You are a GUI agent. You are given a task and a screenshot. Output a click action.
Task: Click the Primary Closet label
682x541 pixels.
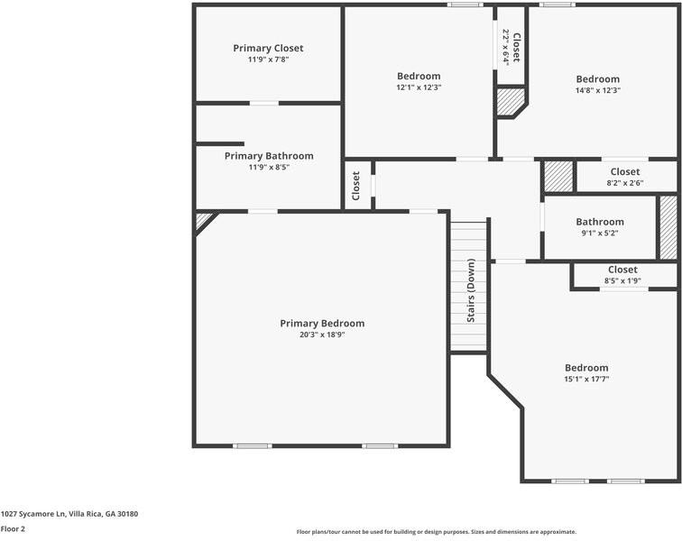268,48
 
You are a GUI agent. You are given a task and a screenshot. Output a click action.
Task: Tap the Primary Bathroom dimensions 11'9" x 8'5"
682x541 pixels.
268,167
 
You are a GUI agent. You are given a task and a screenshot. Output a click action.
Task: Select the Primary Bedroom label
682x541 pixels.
322,323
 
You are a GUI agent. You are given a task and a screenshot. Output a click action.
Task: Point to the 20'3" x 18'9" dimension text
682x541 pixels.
322,335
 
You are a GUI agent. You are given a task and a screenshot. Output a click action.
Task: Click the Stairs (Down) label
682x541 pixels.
470,291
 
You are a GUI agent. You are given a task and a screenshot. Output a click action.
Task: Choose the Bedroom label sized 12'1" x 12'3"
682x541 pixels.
419,76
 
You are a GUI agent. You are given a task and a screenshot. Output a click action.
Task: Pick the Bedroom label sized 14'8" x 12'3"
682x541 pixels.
598,78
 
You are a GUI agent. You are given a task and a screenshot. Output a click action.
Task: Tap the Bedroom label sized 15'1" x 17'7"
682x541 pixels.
586,367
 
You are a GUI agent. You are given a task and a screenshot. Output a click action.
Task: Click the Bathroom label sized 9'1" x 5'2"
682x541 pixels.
600,222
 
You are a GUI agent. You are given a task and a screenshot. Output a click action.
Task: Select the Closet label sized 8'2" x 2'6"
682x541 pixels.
624,171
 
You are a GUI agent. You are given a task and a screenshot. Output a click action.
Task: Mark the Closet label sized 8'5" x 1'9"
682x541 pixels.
622,270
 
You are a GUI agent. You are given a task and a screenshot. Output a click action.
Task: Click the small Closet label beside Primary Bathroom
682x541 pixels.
356,186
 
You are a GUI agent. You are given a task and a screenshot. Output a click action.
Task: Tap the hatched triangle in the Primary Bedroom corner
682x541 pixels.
203,220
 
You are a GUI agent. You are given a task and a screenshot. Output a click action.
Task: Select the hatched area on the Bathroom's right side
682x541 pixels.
668,225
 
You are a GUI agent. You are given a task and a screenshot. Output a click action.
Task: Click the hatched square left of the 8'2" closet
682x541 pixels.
558,175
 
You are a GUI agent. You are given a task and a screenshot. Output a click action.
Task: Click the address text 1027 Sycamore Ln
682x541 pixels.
69,514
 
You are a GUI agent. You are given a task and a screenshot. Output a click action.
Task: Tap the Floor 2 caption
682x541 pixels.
13,529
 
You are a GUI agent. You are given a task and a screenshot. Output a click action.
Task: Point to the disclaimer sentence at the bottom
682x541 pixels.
436,532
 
